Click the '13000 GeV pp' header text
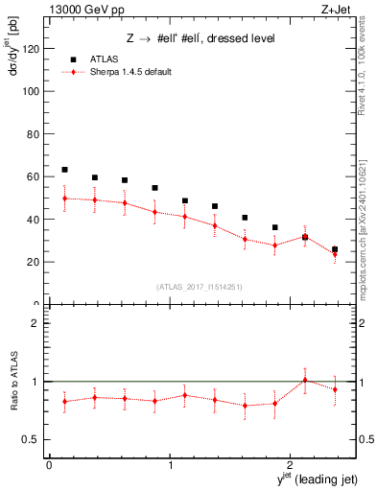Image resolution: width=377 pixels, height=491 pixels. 85,10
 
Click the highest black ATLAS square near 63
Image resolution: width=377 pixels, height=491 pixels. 64,170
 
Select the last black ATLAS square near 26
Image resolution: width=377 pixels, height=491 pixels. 335,249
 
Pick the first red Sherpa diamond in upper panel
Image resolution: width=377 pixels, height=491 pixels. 64,199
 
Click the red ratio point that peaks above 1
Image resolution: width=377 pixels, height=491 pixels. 305,380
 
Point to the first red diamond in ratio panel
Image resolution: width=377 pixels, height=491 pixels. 64,401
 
